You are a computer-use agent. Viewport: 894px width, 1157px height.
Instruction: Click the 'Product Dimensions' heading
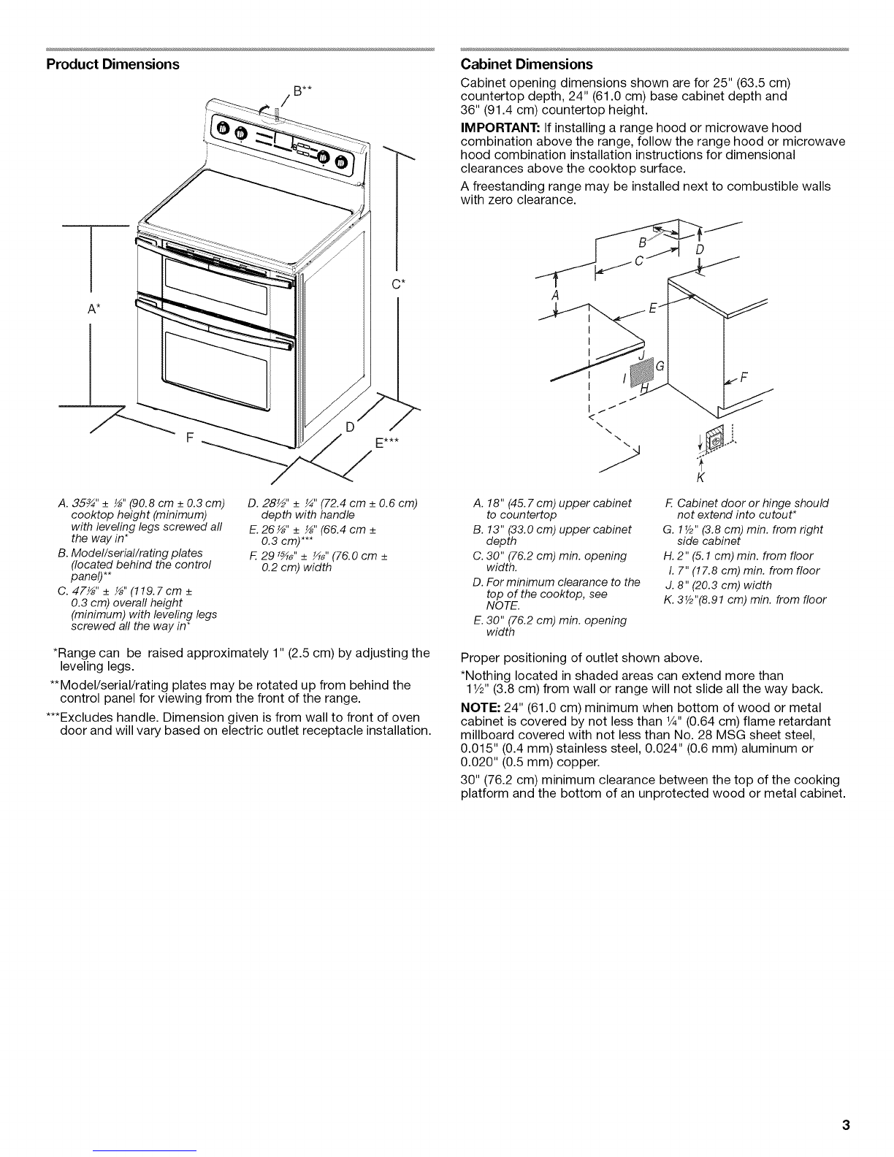point(112,64)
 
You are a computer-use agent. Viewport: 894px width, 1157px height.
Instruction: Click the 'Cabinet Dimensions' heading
point(527,64)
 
